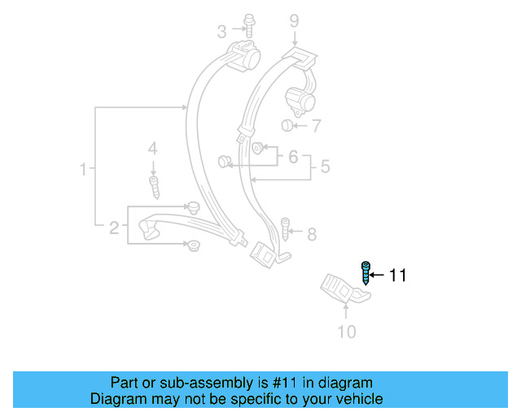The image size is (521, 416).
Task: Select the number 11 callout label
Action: click(396, 275)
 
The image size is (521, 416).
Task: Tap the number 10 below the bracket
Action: click(347, 331)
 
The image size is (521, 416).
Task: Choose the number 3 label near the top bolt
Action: click(221, 32)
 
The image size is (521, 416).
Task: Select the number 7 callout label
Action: click(317, 126)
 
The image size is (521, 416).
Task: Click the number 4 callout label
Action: click(152, 148)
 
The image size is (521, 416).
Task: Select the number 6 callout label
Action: click(293, 156)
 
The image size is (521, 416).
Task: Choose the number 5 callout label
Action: click(325, 167)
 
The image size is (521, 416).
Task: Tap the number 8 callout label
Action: click(312, 235)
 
